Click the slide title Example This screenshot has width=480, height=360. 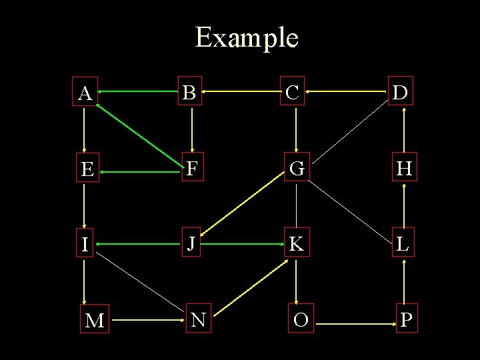click(x=246, y=37)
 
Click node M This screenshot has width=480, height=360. click(x=95, y=321)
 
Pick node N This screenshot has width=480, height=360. click(x=199, y=321)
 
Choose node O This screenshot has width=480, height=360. click(x=301, y=321)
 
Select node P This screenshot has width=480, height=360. click(x=405, y=321)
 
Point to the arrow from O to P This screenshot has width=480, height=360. click(x=353, y=324)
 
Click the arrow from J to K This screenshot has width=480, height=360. click(x=243, y=245)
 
